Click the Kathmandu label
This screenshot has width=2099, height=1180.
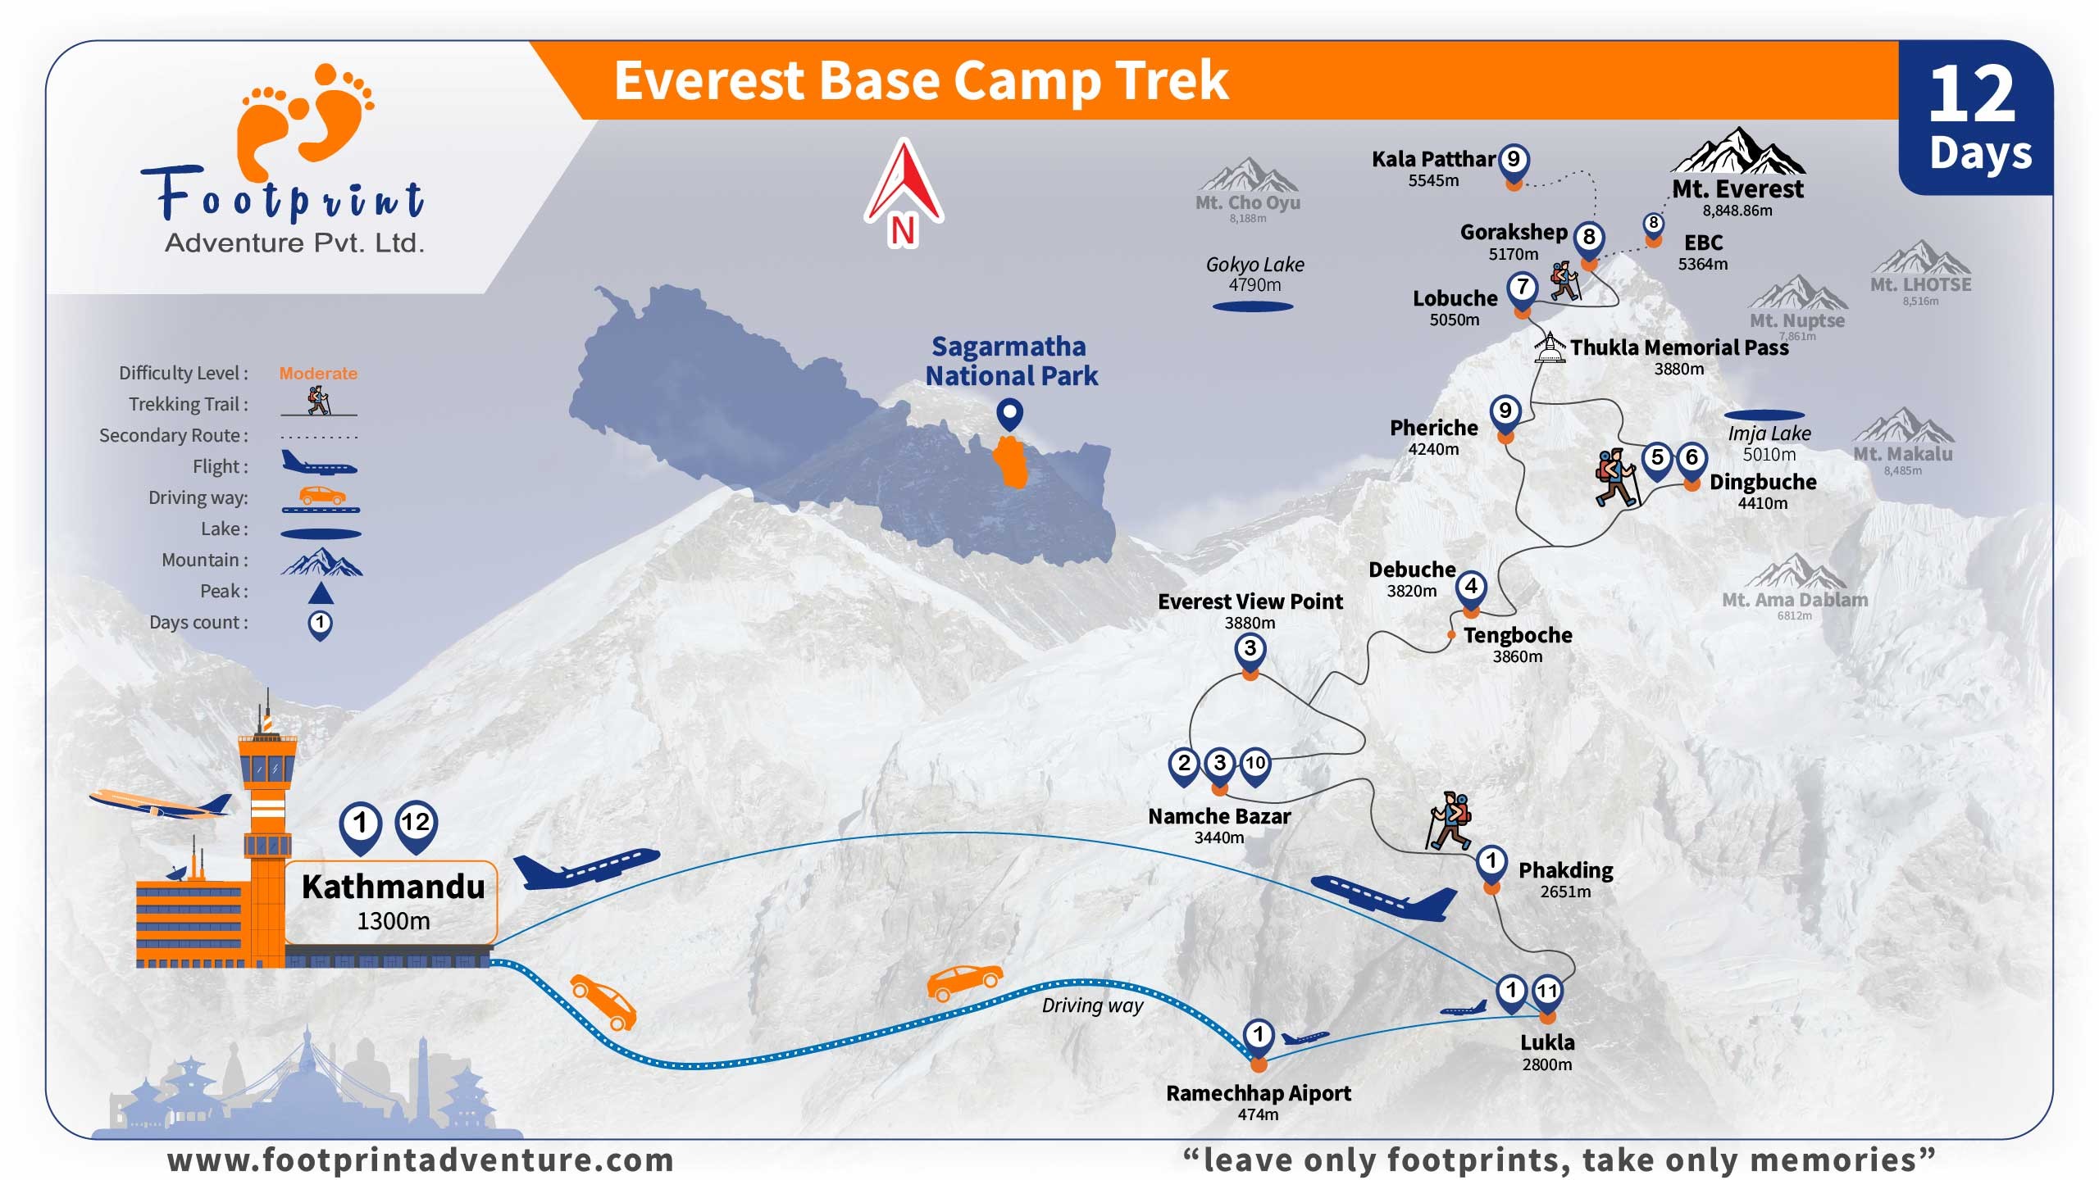pos(393,887)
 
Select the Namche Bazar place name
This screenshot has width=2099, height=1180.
pos(1219,816)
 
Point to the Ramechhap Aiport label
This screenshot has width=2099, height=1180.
pos(1259,1093)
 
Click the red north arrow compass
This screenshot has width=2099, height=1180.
pos(904,193)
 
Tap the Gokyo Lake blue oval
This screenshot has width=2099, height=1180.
pos(1253,306)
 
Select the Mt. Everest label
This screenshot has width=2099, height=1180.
pos(1737,189)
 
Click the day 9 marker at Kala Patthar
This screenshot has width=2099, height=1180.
pos(1514,161)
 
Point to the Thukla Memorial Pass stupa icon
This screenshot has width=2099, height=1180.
pos(1549,347)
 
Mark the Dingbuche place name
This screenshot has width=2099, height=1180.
pos(1763,482)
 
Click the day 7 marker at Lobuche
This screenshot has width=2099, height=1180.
pos(1523,290)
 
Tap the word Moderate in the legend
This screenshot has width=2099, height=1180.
pos(318,374)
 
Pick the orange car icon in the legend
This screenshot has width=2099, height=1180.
pos(321,495)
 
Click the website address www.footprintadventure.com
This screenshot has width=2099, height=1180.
pos(421,1160)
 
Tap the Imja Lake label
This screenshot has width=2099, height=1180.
pos(1769,433)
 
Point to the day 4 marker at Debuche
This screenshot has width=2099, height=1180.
pos(1471,589)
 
